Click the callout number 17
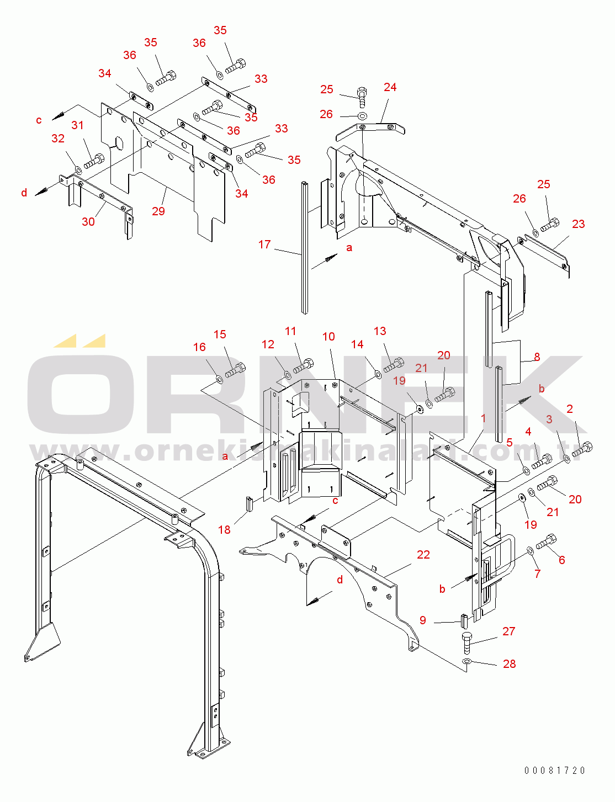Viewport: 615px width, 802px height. tap(264, 245)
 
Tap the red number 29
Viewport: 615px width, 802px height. tap(158, 211)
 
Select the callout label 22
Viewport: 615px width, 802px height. tap(423, 554)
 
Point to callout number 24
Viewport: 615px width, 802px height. tap(390, 87)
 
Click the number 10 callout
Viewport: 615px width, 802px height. tap(328, 337)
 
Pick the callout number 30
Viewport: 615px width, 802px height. tap(88, 221)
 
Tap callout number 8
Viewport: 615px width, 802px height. tap(537, 357)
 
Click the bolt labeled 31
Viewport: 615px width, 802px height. tap(94, 161)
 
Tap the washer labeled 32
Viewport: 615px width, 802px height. tap(78, 170)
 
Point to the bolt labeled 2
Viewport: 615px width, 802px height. tap(582, 449)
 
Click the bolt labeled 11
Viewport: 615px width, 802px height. tap(304, 366)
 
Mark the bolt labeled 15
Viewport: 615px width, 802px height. tap(235, 370)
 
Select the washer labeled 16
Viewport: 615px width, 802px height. tap(219, 379)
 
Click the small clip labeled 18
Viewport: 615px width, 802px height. tap(249, 503)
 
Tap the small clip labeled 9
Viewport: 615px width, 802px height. tap(464, 622)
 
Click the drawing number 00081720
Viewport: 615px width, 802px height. tap(555, 770)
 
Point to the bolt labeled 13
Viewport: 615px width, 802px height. tap(394, 365)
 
